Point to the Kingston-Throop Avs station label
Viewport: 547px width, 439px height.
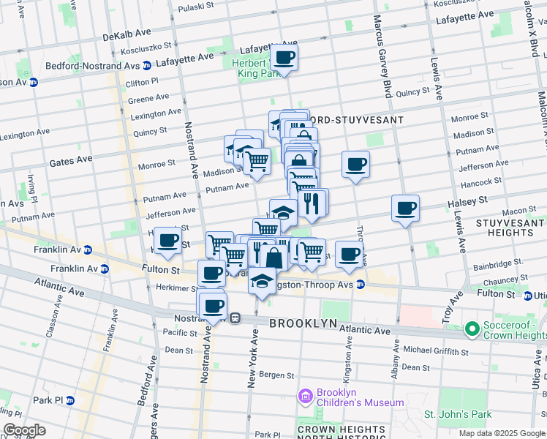pyautogui.click(x=317, y=283)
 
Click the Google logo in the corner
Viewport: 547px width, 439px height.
pyautogui.click(x=24, y=430)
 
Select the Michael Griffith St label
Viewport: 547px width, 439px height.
pyautogui.click(x=434, y=350)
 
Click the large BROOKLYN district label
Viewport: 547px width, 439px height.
pyautogui.click(x=303, y=323)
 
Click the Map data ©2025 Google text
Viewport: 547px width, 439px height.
pyautogui.click(x=501, y=433)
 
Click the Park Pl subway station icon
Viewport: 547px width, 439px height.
pyautogui.click(x=70, y=400)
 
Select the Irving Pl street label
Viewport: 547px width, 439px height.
pyautogui.click(x=32, y=187)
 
